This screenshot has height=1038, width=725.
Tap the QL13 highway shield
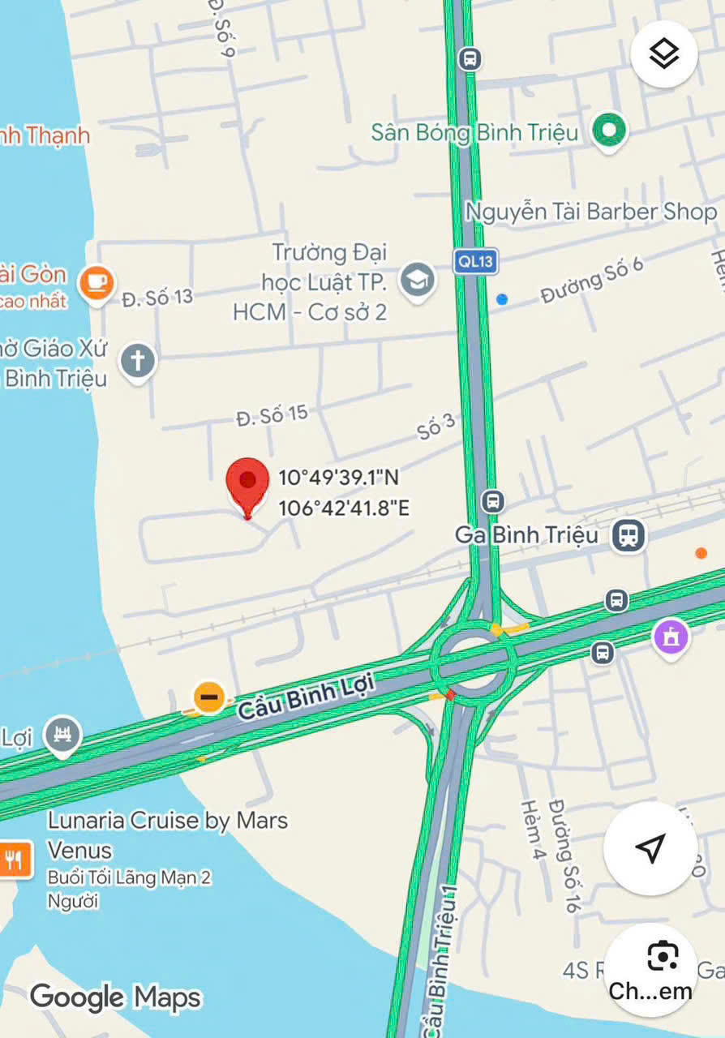475,261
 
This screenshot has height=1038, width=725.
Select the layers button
664,54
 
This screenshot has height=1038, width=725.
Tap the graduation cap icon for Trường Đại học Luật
418,281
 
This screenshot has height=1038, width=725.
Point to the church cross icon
138,359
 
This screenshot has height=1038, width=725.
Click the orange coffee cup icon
97,282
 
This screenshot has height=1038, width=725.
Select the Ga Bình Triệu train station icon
628,535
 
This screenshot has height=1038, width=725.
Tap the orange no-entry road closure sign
208,697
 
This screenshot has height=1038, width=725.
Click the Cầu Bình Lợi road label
306,696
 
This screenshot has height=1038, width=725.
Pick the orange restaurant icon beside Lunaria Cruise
15,859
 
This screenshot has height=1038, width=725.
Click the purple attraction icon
671,637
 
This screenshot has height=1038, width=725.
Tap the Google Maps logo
115,997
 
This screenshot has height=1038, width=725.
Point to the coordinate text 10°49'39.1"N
338,478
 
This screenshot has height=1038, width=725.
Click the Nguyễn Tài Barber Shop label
590,212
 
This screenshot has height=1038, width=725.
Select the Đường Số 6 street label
592,280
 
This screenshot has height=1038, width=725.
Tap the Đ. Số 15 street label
272,416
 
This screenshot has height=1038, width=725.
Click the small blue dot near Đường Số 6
502,299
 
